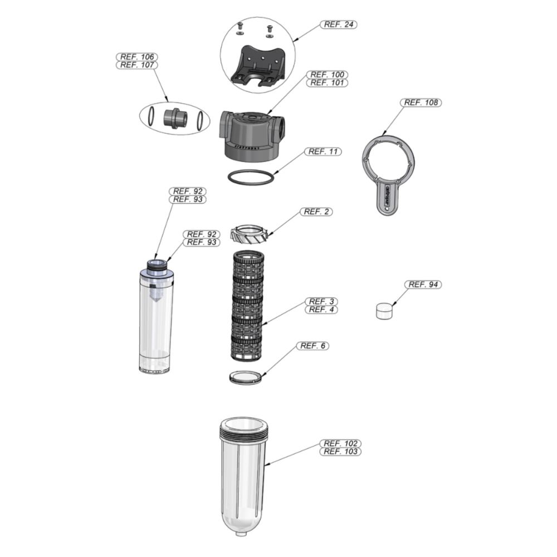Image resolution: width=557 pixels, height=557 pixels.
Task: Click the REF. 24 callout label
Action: click(x=339, y=25)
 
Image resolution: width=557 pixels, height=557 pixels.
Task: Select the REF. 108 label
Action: click(x=421, y=102)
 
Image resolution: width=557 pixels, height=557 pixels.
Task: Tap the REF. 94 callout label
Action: click(x=423, y=285)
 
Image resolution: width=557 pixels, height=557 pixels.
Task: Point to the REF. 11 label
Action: click(x=323, y=152)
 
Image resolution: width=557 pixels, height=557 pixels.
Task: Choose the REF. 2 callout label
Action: click(x=316, y=212)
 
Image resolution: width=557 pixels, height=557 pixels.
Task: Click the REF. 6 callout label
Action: click(x=312, y=346)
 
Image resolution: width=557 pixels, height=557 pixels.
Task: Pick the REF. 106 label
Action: click(x=137, y=57)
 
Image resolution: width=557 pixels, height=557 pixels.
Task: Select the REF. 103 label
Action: click(x=341, y=452)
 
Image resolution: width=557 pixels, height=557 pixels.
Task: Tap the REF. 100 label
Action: click(x=327, y=75)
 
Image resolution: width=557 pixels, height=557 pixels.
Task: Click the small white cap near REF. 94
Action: click(x=384, y=311)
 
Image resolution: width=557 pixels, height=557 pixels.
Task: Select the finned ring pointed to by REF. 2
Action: click(x=248, y=234)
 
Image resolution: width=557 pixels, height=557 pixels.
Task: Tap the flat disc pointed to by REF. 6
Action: click(x=246, y=377)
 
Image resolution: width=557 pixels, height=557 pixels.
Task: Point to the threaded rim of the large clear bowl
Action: click(x=243, y=432)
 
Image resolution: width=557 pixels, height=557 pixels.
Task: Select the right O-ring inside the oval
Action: click(x=201, y=120)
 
